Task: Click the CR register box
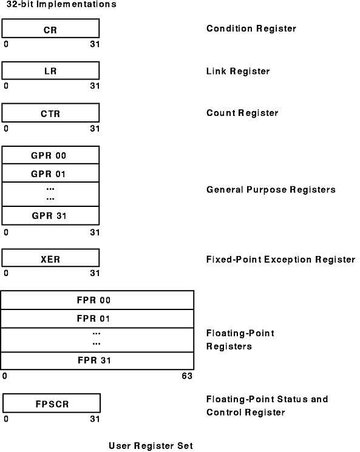click(x=50, y=29)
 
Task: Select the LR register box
click(x=50, y=70)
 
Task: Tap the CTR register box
click(x=50, y=113)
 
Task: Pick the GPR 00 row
click(x=50, y=155)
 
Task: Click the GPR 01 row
click(x=50, y=174)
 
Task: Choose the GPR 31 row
click(x=50, y=215)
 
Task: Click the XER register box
click(x=50, y=258)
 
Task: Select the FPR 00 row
click(x=97, y=300)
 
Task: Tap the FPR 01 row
click(x=97, y=319)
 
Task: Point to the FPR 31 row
click(x=97, y=360)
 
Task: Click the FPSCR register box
click(x=52, y=403)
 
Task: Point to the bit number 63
click(x=187, y=376)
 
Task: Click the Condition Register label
click(x=251, y=29)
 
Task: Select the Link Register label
click(x=238, y=71)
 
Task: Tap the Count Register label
click(x=242, y=113)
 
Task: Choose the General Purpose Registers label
click(x=271, y=190)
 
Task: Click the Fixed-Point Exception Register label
click(x=280, y=260)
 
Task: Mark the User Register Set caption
click(x=151, y=446)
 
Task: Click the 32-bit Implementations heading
click(x=61, y=4)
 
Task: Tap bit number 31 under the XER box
click(x=95, y=273)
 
